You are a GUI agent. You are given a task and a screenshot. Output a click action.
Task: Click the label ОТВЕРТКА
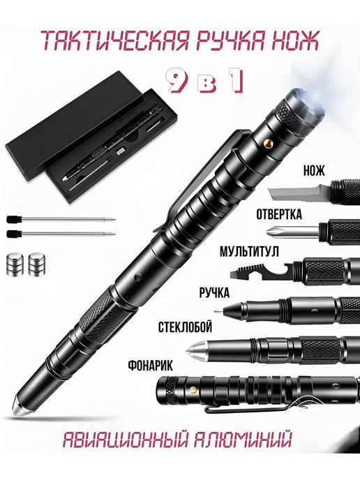tap(279, 214)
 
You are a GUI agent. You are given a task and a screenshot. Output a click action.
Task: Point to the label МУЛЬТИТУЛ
tap(250, 253)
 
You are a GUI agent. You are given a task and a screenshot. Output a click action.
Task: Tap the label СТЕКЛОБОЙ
tap(185, 327)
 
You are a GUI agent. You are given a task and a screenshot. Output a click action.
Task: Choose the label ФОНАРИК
tap(150, 365)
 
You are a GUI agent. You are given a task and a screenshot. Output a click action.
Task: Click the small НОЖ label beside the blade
tap(314, 171)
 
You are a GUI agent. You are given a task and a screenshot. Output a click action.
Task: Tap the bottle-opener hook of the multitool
tap(280, 270)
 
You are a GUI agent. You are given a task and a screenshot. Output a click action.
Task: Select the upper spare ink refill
tap(61, 219)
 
